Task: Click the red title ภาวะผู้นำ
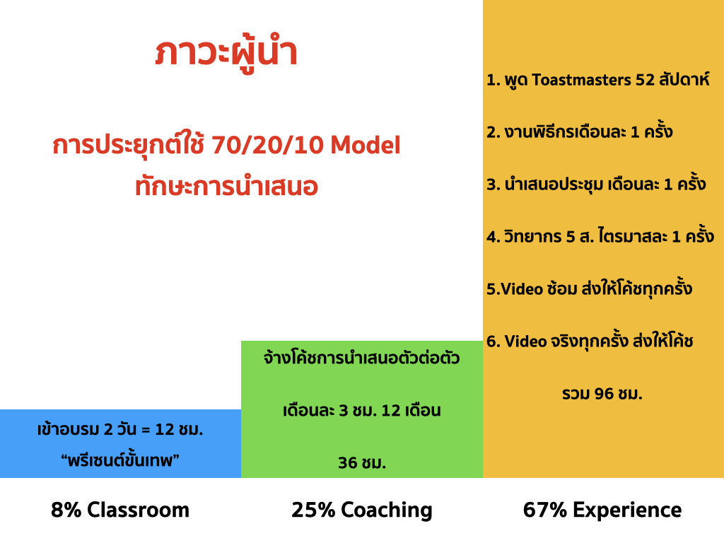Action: click(226, 52)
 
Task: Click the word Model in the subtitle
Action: click(366, 144)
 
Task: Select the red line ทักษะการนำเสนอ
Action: click(226, 187)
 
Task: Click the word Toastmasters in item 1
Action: click(581, 79)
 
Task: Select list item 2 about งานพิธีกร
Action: click(580, 132)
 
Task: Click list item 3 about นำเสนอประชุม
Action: click(596, 184)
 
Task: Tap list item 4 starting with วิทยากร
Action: click(600, 236)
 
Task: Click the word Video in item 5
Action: click(522, 289)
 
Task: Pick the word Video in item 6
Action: click(525, 341)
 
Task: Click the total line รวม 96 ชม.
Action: click(602, 393)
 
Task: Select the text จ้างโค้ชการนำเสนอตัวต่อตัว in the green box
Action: click(361, 357)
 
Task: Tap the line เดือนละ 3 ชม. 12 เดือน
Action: click(361, 410)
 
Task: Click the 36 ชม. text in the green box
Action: click(361, 462)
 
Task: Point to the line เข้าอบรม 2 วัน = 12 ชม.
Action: click(120, 429)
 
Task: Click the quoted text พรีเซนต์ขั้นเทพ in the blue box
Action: click(120, 460)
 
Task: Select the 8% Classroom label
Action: click(120, 510)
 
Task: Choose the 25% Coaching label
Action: click(361, 510)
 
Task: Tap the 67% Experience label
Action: click(602, 510)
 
